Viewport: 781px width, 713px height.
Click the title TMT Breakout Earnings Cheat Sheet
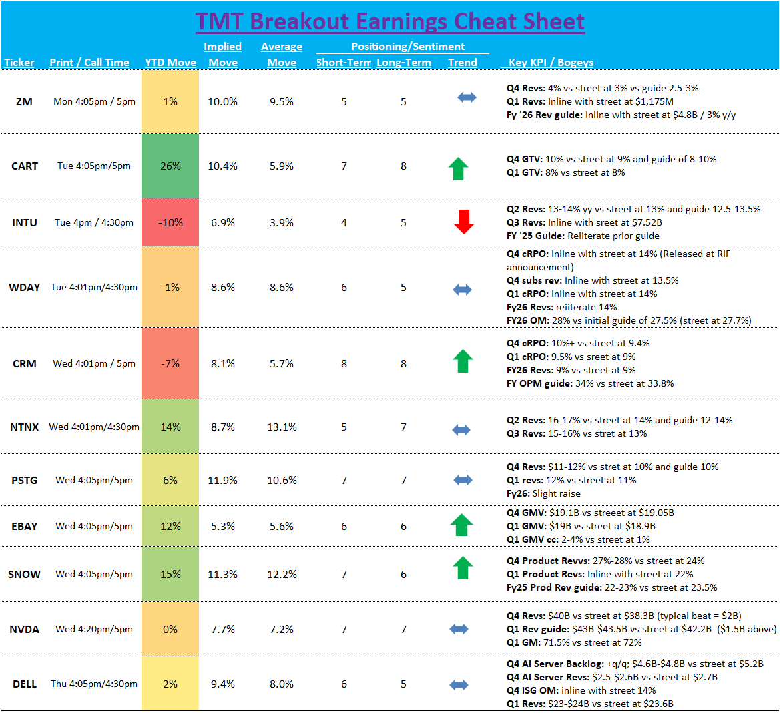(x=390, y=21)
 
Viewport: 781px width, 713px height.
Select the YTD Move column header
(x=170, y=63)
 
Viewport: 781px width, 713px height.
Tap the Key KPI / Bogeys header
(x=551, y=63)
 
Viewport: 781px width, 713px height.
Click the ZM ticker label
(x=24, y=102)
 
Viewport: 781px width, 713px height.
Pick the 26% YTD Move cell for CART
(x=170, y=166)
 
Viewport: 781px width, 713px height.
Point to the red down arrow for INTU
(x=463, y=222)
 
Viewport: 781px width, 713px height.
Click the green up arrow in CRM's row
(x=463, y=361)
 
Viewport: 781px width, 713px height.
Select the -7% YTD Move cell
(x=170, y=363)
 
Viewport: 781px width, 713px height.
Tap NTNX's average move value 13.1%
(x=282, y=427)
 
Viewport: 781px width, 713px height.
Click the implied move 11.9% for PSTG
(x=223, y=480)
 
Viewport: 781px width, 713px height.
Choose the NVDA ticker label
(x=24, y=630)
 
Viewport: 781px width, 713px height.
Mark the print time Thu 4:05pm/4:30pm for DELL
(x=94, y=684)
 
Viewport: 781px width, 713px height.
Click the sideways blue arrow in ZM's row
(x=467, y=97)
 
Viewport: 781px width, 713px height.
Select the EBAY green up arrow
(x=461, y=525)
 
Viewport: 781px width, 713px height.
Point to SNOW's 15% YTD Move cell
(x=170, y=574)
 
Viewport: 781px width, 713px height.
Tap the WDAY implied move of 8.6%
(x=223, y=288)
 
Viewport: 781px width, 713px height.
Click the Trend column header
(x=463, y=63)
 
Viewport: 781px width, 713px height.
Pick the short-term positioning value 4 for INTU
(x=344, y=223)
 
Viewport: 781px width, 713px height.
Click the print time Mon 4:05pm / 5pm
(x=94, y=102)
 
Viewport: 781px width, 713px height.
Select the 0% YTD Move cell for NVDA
(x=170, y=630)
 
